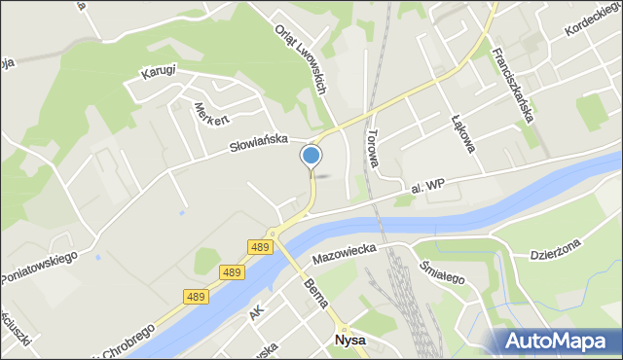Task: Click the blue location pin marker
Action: pyautogui.click(x=311, y=156)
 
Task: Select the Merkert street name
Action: pyautogui.click(x=211, y=115)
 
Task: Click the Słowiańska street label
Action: pyautogui.click(x=258, y=143)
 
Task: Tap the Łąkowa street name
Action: pyautogui.click(x=462, y=135)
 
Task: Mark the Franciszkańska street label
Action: pyautogui.click(x=513, y=85)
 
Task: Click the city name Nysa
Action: pyautogui.click(x=350, y=342)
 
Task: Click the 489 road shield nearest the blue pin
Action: pyautogui.click(x=259, y=246)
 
